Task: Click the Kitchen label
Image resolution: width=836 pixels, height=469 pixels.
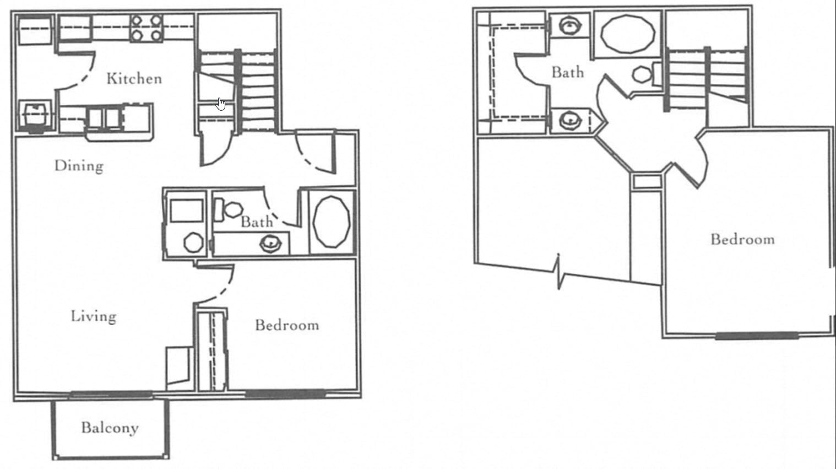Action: pos(134,79)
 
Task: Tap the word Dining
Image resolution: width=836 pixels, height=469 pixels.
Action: pos(79,166)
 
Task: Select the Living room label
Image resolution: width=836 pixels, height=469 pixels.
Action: pos(94,317)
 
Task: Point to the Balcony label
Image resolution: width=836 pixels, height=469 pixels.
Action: pos(110,428)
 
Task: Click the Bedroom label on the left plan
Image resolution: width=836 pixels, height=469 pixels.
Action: pos(287,325)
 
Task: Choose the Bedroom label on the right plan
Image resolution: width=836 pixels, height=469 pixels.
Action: pos(743,239)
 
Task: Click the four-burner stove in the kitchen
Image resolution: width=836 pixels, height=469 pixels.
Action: pos(146,28)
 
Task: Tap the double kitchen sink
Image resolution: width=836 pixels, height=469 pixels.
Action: pos(105,118)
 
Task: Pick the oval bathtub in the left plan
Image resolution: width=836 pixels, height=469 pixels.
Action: pos(332,222)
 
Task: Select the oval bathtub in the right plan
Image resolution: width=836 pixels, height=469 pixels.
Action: pos(628,34)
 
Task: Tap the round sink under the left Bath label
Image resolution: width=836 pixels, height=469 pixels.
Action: pos(270,244)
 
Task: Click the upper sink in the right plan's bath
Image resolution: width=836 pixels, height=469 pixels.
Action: pos(570,26)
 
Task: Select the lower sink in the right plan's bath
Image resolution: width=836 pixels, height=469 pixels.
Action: pos(570,120)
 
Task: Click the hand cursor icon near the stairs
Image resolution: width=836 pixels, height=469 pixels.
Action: pos(221,104)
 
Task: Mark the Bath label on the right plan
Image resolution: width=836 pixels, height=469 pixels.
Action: pos(568,72)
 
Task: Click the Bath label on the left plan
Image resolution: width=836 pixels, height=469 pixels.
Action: pos(257,222)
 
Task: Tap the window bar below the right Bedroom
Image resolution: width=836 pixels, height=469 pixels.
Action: pos(757,336)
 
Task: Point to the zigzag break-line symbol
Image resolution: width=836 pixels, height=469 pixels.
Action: pos(558,272)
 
